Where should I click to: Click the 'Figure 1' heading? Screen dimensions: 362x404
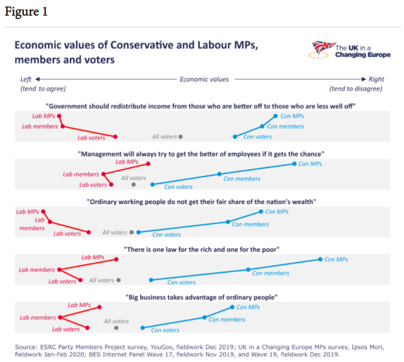[26, 12]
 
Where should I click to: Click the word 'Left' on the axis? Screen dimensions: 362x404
[26, 79]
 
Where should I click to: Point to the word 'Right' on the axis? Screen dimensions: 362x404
[376, 79]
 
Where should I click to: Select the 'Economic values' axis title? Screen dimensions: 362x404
[204, 79]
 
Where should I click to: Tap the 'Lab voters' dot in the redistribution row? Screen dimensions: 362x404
[115, 137]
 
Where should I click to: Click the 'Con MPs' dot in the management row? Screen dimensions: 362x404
[294, 163]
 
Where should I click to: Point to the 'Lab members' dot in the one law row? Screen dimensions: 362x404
[59, 270]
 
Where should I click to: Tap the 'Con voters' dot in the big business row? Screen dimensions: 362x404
[142, 328]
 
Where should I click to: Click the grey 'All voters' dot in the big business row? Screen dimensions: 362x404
[116, 328]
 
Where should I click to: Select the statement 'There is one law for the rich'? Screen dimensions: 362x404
[201, 249]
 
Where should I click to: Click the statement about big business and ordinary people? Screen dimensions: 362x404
[201, 297]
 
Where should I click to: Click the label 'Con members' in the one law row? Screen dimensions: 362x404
[271, 273]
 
